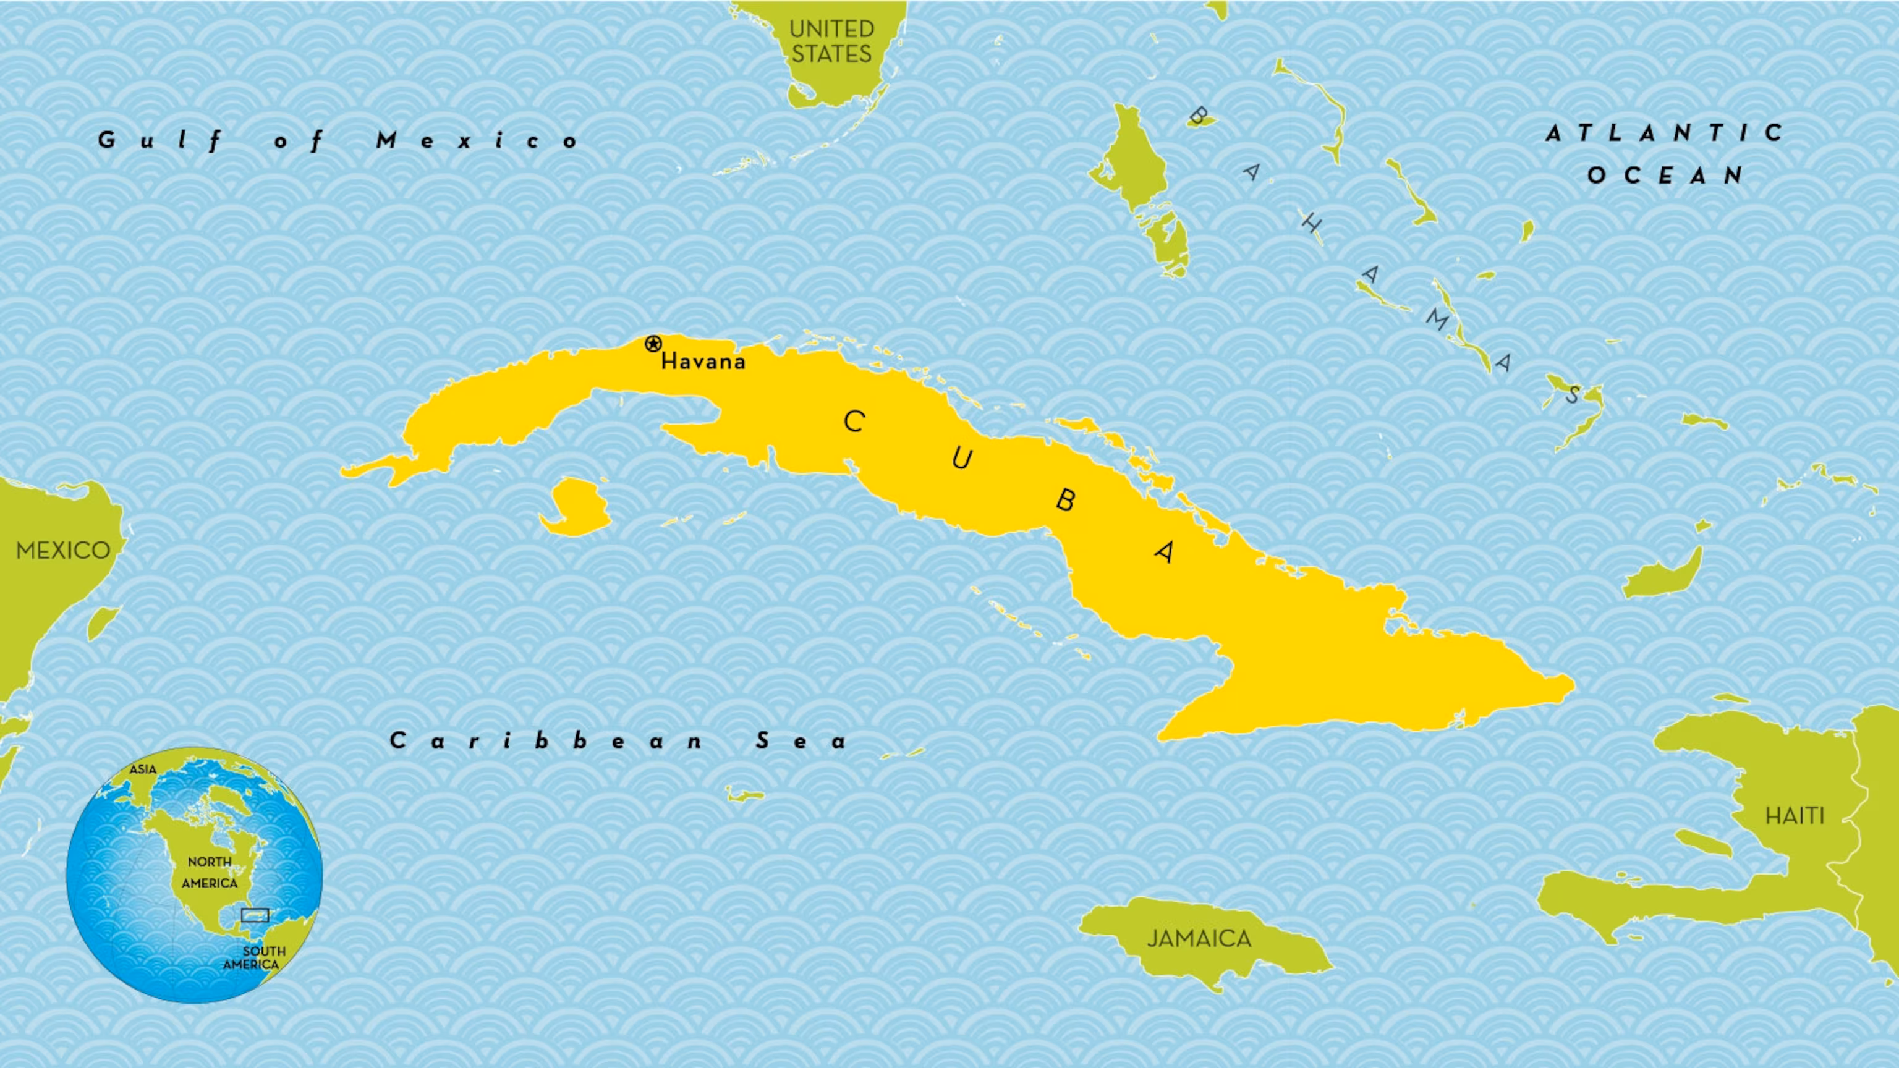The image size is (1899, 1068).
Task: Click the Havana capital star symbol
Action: [x=652, y=344]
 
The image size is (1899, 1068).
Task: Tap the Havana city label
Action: [x=703, y=361]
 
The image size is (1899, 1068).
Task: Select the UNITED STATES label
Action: [x=831, y=41]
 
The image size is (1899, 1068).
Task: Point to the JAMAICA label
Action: [x=1199, y=938]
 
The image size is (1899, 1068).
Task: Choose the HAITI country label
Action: [x=1795, y=816]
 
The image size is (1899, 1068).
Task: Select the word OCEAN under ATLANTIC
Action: [x=1665, y=176]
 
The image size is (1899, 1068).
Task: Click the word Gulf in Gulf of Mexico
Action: [x=161, y=140]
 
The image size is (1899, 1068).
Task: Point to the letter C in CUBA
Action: [x=854, y=422]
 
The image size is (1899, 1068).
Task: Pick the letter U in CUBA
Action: [x=961, y=459]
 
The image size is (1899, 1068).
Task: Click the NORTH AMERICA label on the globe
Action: [x=210, y=872]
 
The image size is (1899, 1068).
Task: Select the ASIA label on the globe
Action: [x=142, y=769]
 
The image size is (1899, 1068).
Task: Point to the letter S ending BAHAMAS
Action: [x=1572, y=395]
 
